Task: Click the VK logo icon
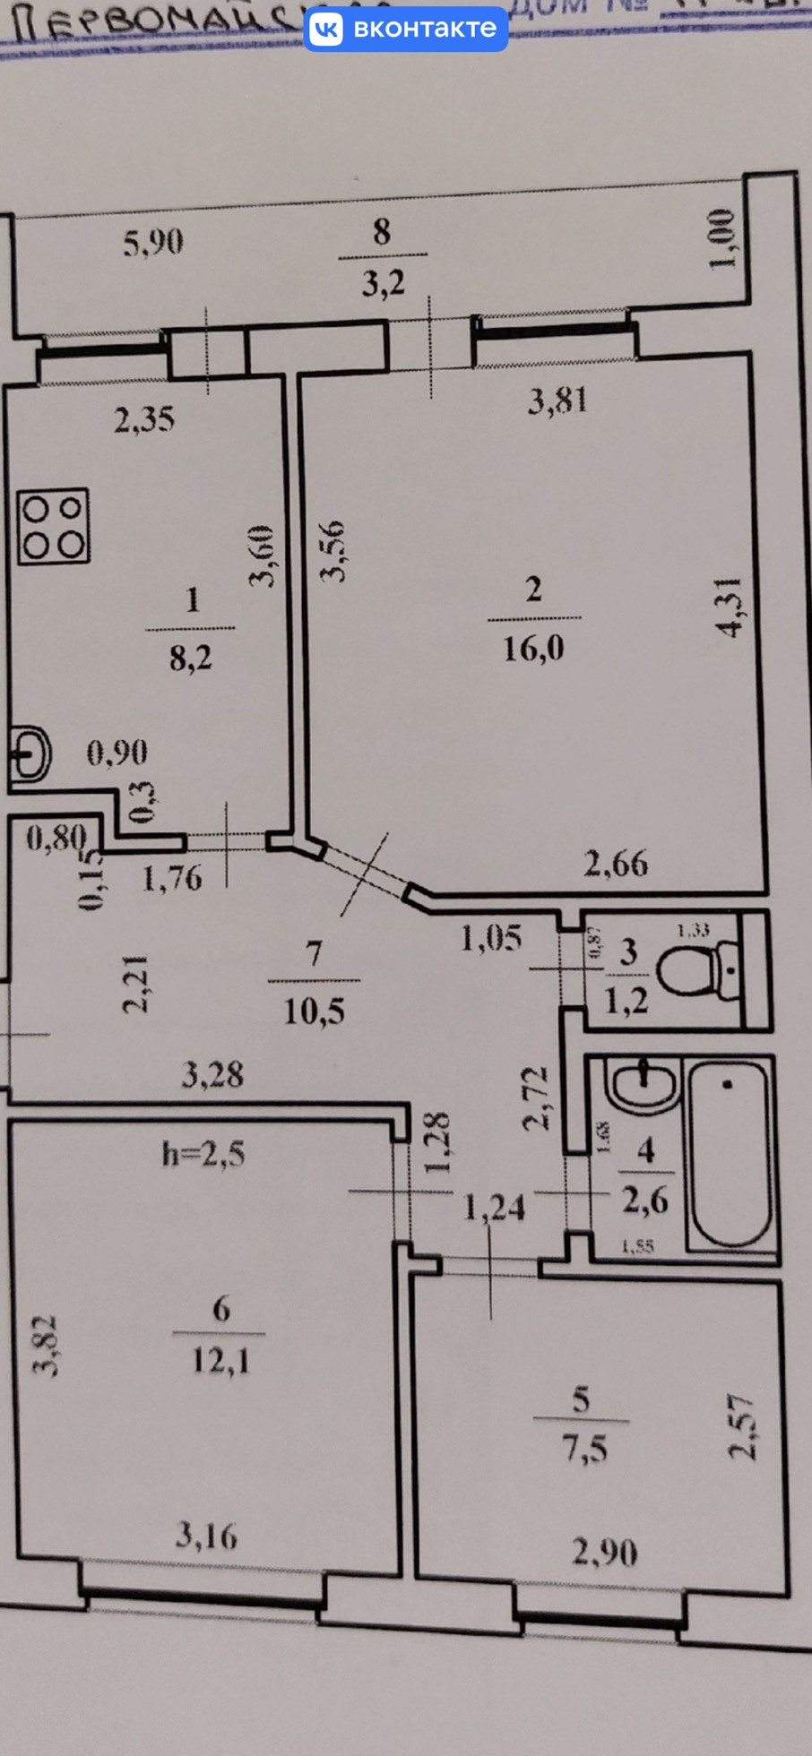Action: pyautogui.click(x=326, y=29)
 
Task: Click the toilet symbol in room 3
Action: pyautogui.click(x=697, y=969)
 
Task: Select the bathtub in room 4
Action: pyautogui.click(x=728, y=1153)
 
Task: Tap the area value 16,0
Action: pyautogui.click(x=533, y=647)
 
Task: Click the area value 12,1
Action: pyautogui.click(x=220, y=1362)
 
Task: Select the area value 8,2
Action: pyautogui.click(x=191, y=658)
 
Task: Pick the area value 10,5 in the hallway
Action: pyautogui.click(x=314, y=1011)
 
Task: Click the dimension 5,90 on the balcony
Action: pyautogui.click(x=153, y=242)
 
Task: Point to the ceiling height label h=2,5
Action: pyautogui.click(x=203, y=1154)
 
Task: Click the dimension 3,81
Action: pyautogui.click(x=557, y=400)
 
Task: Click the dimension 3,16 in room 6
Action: pyautogui.click(x=207, y=1536)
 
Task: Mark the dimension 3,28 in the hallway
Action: pyautogui.click(x=212, y=1073)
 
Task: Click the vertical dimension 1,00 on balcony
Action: pyautogui.click(x=722, y=238)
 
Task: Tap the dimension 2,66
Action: pyautogui.click(x=616, y=864)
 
